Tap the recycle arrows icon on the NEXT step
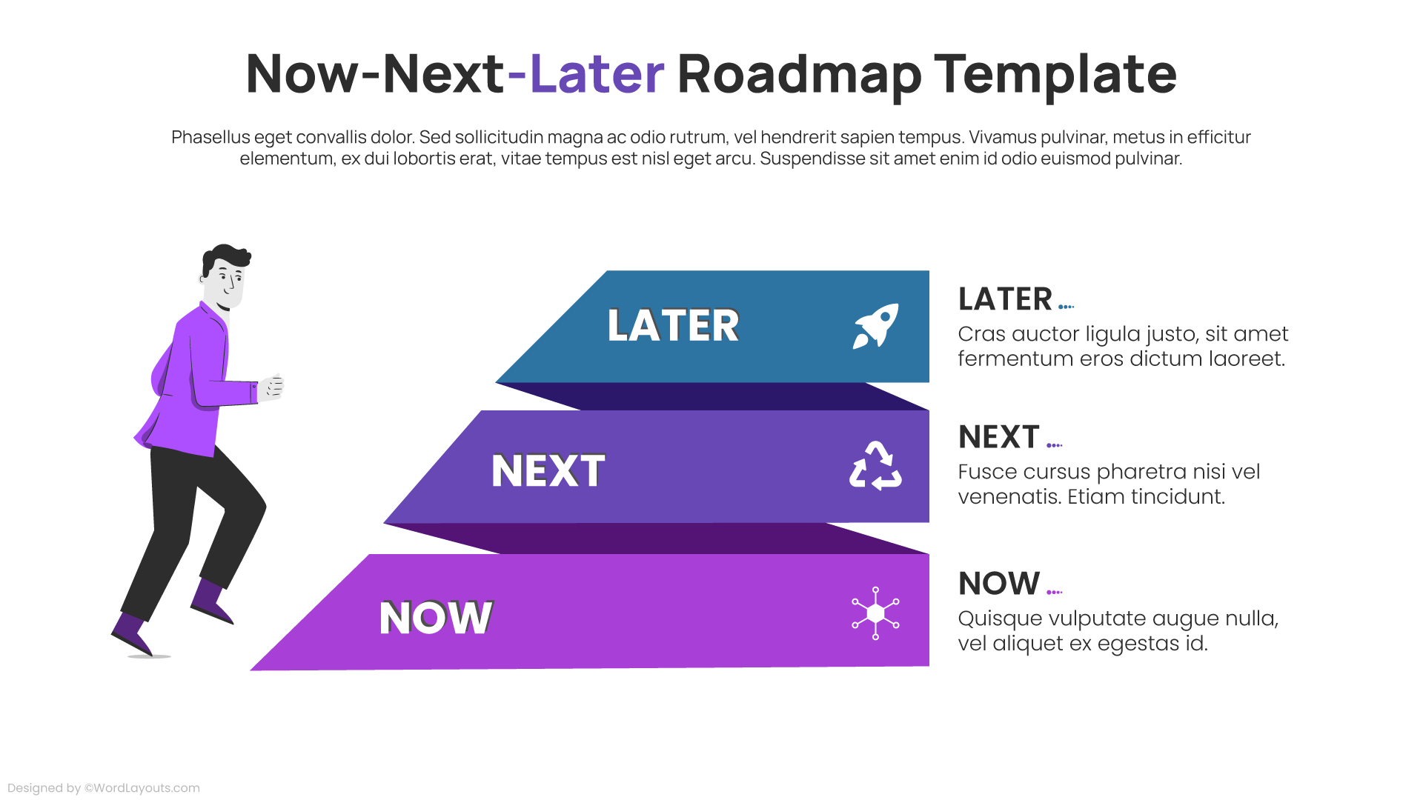875,466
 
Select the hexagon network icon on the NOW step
875,613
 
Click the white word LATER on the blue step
673,325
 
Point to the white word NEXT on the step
548,470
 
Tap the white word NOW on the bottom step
436,618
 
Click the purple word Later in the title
597,74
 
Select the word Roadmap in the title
799,74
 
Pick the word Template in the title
1055,74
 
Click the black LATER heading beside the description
1005,299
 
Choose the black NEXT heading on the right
998,437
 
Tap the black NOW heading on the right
998,584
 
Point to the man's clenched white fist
272,387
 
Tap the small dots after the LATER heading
1067,307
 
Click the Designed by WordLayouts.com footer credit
104,788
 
